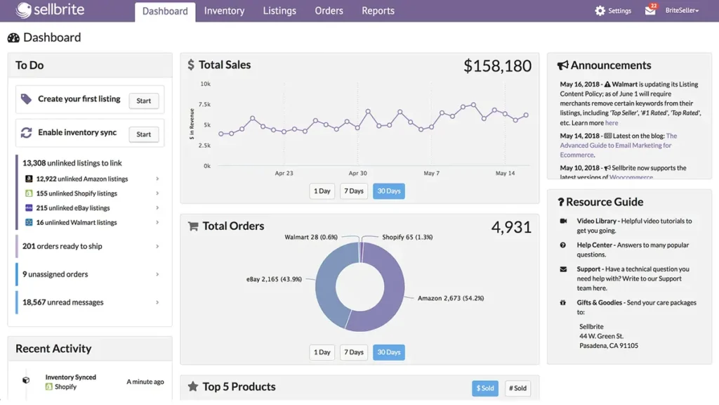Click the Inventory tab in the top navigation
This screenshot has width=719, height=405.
tap(224, 11)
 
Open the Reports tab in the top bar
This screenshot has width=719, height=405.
tap(378, 11)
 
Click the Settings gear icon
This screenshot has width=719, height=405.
tap(600, 11)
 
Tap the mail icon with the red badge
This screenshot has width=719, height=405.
tap(650, 11)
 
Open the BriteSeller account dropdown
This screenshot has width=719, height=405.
tap(682, 11)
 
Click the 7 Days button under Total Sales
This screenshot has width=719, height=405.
tap(353, 191)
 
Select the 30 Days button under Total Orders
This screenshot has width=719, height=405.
tap(388, 352)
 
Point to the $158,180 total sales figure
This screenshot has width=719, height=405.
tap(497, 66)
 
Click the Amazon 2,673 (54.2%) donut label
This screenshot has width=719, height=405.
tap(450, 298)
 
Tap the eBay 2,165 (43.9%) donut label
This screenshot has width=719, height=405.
tap(274, 279)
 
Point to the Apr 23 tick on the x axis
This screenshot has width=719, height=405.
tap(284, 173)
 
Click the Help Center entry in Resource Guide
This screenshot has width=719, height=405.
tap(595, 245)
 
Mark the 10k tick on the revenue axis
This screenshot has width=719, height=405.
tap(205, 84)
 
